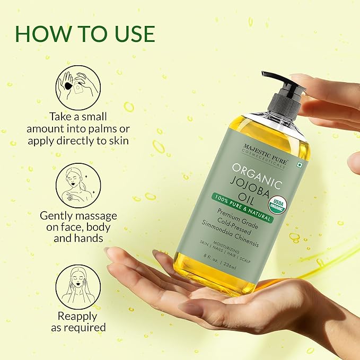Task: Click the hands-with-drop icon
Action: (x=78, y=87)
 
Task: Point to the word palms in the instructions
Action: (x=107, y=129)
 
